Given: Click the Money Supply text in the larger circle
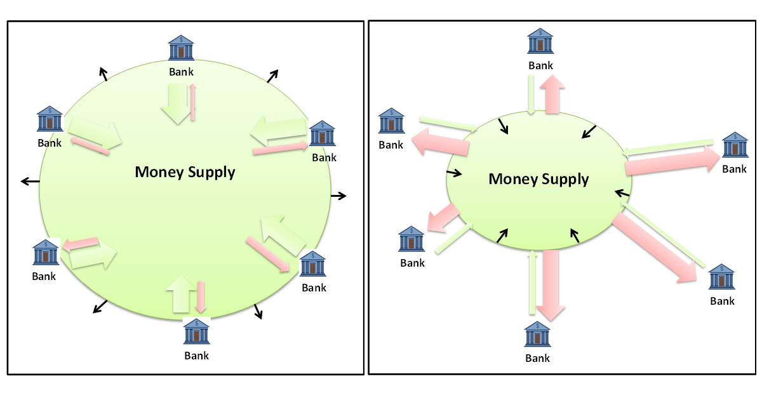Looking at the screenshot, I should [x=185, y=172].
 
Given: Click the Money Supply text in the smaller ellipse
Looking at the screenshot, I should [x=538, y=179].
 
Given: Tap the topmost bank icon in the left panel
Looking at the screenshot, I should [x=181, y=48].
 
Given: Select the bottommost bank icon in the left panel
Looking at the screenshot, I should [x=197, y=331].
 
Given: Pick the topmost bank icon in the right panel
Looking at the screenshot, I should [x=540, y=41].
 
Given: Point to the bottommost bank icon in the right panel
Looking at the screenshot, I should [x=537, y=335].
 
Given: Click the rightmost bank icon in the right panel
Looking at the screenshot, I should [x=735, y=145].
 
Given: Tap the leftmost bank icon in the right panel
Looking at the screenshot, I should [x=391, y=121].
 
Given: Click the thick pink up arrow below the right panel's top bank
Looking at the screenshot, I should [x=553, y=94].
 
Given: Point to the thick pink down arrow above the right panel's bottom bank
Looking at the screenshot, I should [x=551, y=284].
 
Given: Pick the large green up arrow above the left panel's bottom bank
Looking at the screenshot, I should [x=179, y=294].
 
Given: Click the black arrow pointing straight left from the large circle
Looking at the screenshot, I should [x=30, y=182].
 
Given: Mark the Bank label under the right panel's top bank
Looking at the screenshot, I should [x=540, y=65].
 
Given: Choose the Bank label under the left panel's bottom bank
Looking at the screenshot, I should [x=197, y=356].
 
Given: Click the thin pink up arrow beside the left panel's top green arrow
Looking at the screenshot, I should [x=193, y=102].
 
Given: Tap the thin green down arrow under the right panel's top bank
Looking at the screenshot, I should [x=531, y=95].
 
